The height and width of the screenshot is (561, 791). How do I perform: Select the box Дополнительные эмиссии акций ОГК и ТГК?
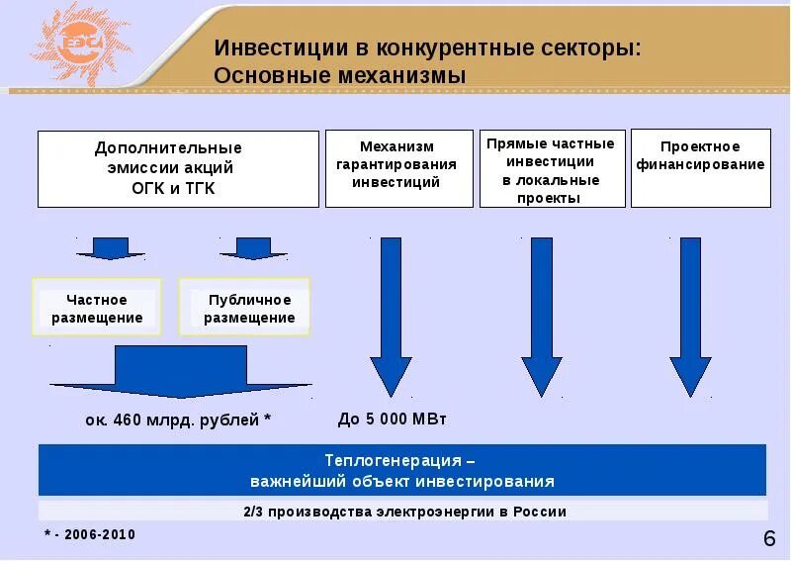coord(178,168)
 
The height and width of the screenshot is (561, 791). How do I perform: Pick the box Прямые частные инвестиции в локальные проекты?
coord(552,169)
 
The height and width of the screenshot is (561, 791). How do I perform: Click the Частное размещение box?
coord(97,308)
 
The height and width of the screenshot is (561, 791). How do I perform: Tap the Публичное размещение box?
coord(245,308)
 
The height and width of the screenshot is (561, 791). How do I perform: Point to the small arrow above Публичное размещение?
coord(245,247)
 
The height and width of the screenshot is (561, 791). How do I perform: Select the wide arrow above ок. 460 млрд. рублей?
coord(181,374)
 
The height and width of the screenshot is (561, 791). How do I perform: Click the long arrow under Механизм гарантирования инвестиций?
coord(390,317)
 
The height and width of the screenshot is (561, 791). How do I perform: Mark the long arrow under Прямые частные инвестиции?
coord(541,317)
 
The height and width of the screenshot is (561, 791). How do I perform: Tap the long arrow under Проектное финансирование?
coord(690,317)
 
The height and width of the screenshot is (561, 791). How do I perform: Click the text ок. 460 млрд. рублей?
coord(178,420)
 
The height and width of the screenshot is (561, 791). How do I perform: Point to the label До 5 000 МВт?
coord(393,419)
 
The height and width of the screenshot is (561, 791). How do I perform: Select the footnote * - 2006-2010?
coord(90,534)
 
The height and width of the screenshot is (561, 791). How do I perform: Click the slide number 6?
coord(769,538)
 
